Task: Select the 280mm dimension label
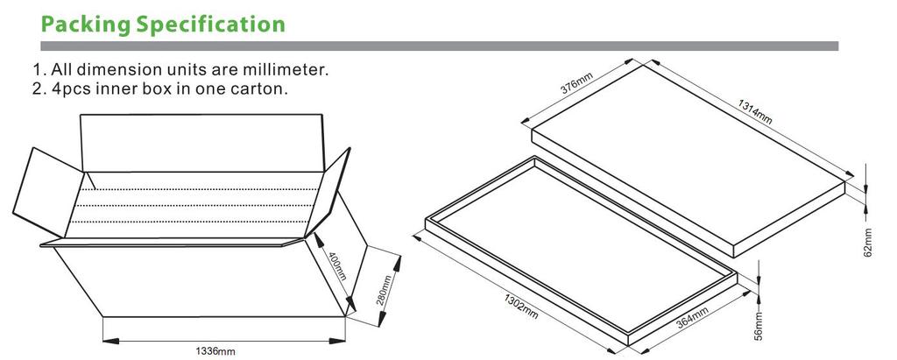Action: pyautogui.click(x=386, y=291)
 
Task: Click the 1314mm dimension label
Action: pyautogui.click(x=755, y=111)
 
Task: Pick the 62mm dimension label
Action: pyautogui.click(x=868, y=243)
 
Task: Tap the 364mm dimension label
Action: pyautogui.click(x=692, y=318)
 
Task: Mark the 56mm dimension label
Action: pyautogui.click(x=759, y=327)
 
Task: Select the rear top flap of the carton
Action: pyautogui.click(x=202, y=143)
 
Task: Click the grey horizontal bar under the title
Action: pyautogui.click(x=440, y=46)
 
